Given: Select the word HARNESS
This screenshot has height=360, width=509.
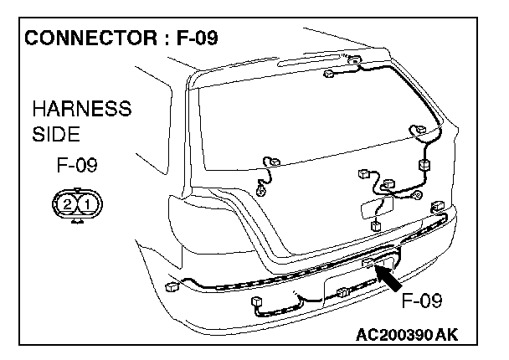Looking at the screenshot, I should point(81,110).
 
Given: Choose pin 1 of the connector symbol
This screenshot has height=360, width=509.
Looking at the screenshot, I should point(87,203).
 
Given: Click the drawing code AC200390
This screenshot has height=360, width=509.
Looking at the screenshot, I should point(391,335).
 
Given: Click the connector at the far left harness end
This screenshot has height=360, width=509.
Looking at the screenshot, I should point(173,286).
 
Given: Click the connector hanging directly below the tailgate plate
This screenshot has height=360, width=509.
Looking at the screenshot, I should point(375,226).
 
